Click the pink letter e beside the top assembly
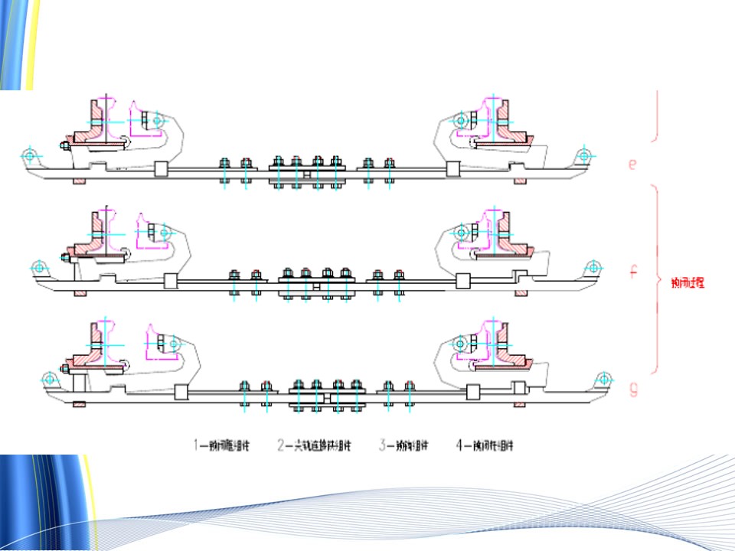(632, 164)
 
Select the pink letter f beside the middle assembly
(633, 271)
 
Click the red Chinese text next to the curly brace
(686, 282)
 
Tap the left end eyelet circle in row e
(29, 155)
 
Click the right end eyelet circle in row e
(584, 155)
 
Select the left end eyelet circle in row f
(38, 267)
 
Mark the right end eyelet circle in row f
(592, 267)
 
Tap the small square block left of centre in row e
(160, 170)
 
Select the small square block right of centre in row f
(462, 282)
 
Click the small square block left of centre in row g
(181, 393)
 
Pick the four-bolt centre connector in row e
(305, 172)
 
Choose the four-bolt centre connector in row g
(326, 396)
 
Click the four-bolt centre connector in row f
(315, 284)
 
